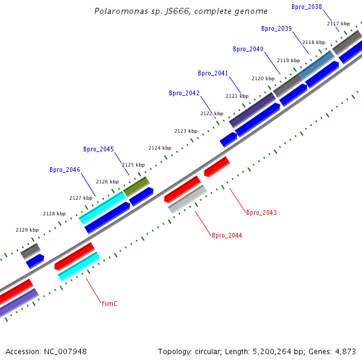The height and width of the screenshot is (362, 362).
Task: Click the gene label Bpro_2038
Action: pyautogui.click(x=306, y=7)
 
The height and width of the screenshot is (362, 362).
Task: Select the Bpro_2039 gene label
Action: pyautogui.click(x=276, y=28)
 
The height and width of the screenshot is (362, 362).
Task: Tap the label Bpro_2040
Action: pyautogui.click(x=248, y=49)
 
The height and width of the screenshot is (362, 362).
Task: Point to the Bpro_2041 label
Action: pyautogui.click(x=213, y=73)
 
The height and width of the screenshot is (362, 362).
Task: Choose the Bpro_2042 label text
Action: pyautogui.click(x=184, y=93)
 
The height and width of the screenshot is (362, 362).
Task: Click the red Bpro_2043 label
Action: pyautogui.click(x=261, y=212)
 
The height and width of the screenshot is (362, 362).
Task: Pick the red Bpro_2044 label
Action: pyautogui.click(x=227, y=235)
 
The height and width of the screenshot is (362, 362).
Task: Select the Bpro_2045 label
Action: pyautogui.click(x=98, y=149)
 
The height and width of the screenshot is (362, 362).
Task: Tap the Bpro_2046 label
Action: pyautogui.click(x=65, y=170)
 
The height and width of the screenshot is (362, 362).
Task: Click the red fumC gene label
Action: pyautogui.click(x=109, y=303)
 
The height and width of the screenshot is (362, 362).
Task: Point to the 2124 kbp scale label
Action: pyautogui.click(x=160, y=148)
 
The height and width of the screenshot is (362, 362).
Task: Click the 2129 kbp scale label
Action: pyautogui.click(x=27, y=230)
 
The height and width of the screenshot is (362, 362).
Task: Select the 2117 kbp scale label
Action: pyautogui.click(x=338, y=24)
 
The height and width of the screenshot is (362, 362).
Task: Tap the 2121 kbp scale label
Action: pyautogui.click(x=237, y=96)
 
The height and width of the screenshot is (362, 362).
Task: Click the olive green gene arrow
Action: pyautogui.click(x=136, y=186)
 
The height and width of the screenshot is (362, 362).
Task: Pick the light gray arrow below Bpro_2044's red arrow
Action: pyautogui.click(x=188, y=200)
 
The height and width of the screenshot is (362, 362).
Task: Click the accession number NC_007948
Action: pyautogui.click(x=66, y=351)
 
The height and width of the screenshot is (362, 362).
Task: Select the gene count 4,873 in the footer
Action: pyautogui.click(x=346, y=351)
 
